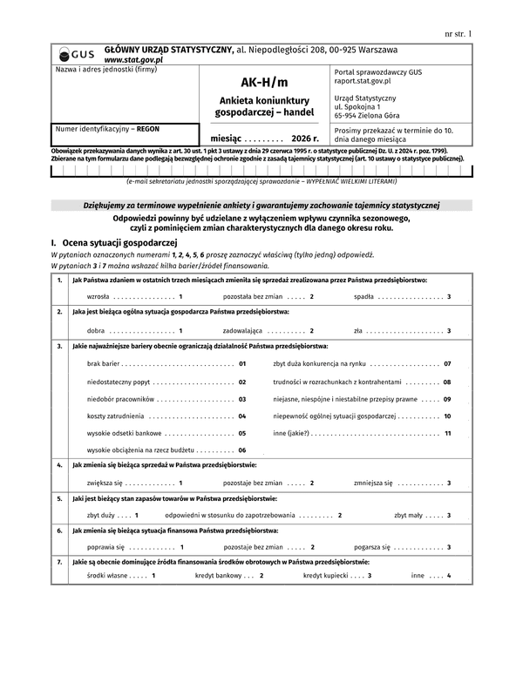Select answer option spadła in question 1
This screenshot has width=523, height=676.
[x=363, y=297]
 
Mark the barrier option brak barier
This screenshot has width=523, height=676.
[x=105, y=363]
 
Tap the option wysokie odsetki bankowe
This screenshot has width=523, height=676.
[x=125, y=433]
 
